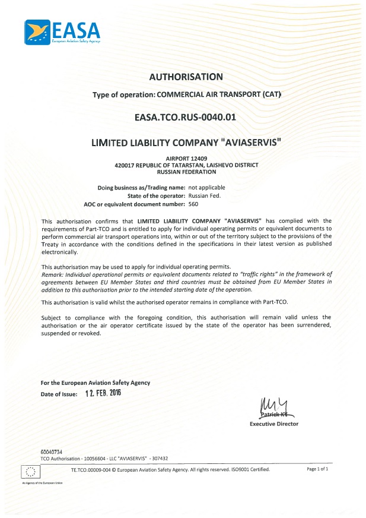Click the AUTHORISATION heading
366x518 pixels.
(x=186, y=77)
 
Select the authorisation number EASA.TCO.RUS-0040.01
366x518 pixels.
(x=186, y=117)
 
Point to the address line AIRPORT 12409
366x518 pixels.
(x=186, y=158)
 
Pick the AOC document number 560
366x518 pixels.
(x=193, y=204)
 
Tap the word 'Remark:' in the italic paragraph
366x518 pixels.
(x=52, y=274)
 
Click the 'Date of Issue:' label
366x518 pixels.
(x=59, y=394)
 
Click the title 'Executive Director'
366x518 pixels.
(x=274, y=424)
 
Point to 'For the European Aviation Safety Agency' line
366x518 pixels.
(x=95, y=383)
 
